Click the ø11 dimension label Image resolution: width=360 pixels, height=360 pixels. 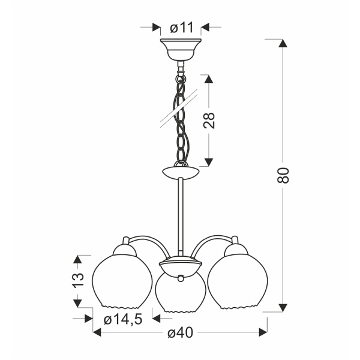[x=182, y=28]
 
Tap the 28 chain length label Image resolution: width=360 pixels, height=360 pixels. [x=209, y=121]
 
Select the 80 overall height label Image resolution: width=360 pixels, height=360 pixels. [x=283, y=175]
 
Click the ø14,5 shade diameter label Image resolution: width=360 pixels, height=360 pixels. [x=123, y=319]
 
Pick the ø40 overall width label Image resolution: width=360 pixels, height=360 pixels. [x=180, y=332]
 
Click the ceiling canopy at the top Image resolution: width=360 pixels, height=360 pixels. [x=181, y=49]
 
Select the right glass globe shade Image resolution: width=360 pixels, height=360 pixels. [x=238, y=281]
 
